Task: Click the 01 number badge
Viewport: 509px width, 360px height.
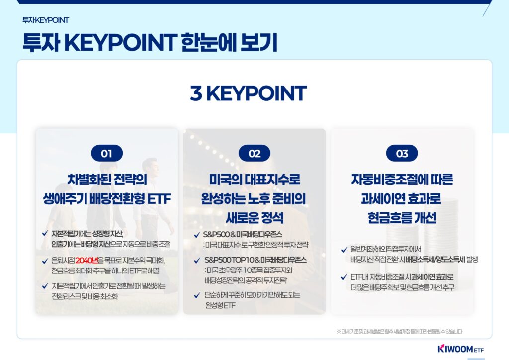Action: point(107,153)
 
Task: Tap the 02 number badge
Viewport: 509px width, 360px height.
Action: point(254,153)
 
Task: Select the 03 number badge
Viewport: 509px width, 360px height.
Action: point(402,153)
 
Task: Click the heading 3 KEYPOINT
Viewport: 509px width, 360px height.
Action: point(248,93)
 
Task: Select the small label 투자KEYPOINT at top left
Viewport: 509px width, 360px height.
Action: point(45,20)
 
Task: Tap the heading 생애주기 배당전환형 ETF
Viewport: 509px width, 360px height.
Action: point(107,199)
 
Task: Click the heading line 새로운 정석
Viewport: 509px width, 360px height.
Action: point(254,217)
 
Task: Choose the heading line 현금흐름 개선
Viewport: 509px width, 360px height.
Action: point(402,217)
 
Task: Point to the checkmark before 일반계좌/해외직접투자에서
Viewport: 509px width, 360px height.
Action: point(344,250)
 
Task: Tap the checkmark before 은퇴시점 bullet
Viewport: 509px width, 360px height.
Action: point(46,261)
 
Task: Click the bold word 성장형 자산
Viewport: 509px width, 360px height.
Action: point(107,234)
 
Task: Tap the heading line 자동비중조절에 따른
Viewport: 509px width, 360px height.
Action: point(402,180)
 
